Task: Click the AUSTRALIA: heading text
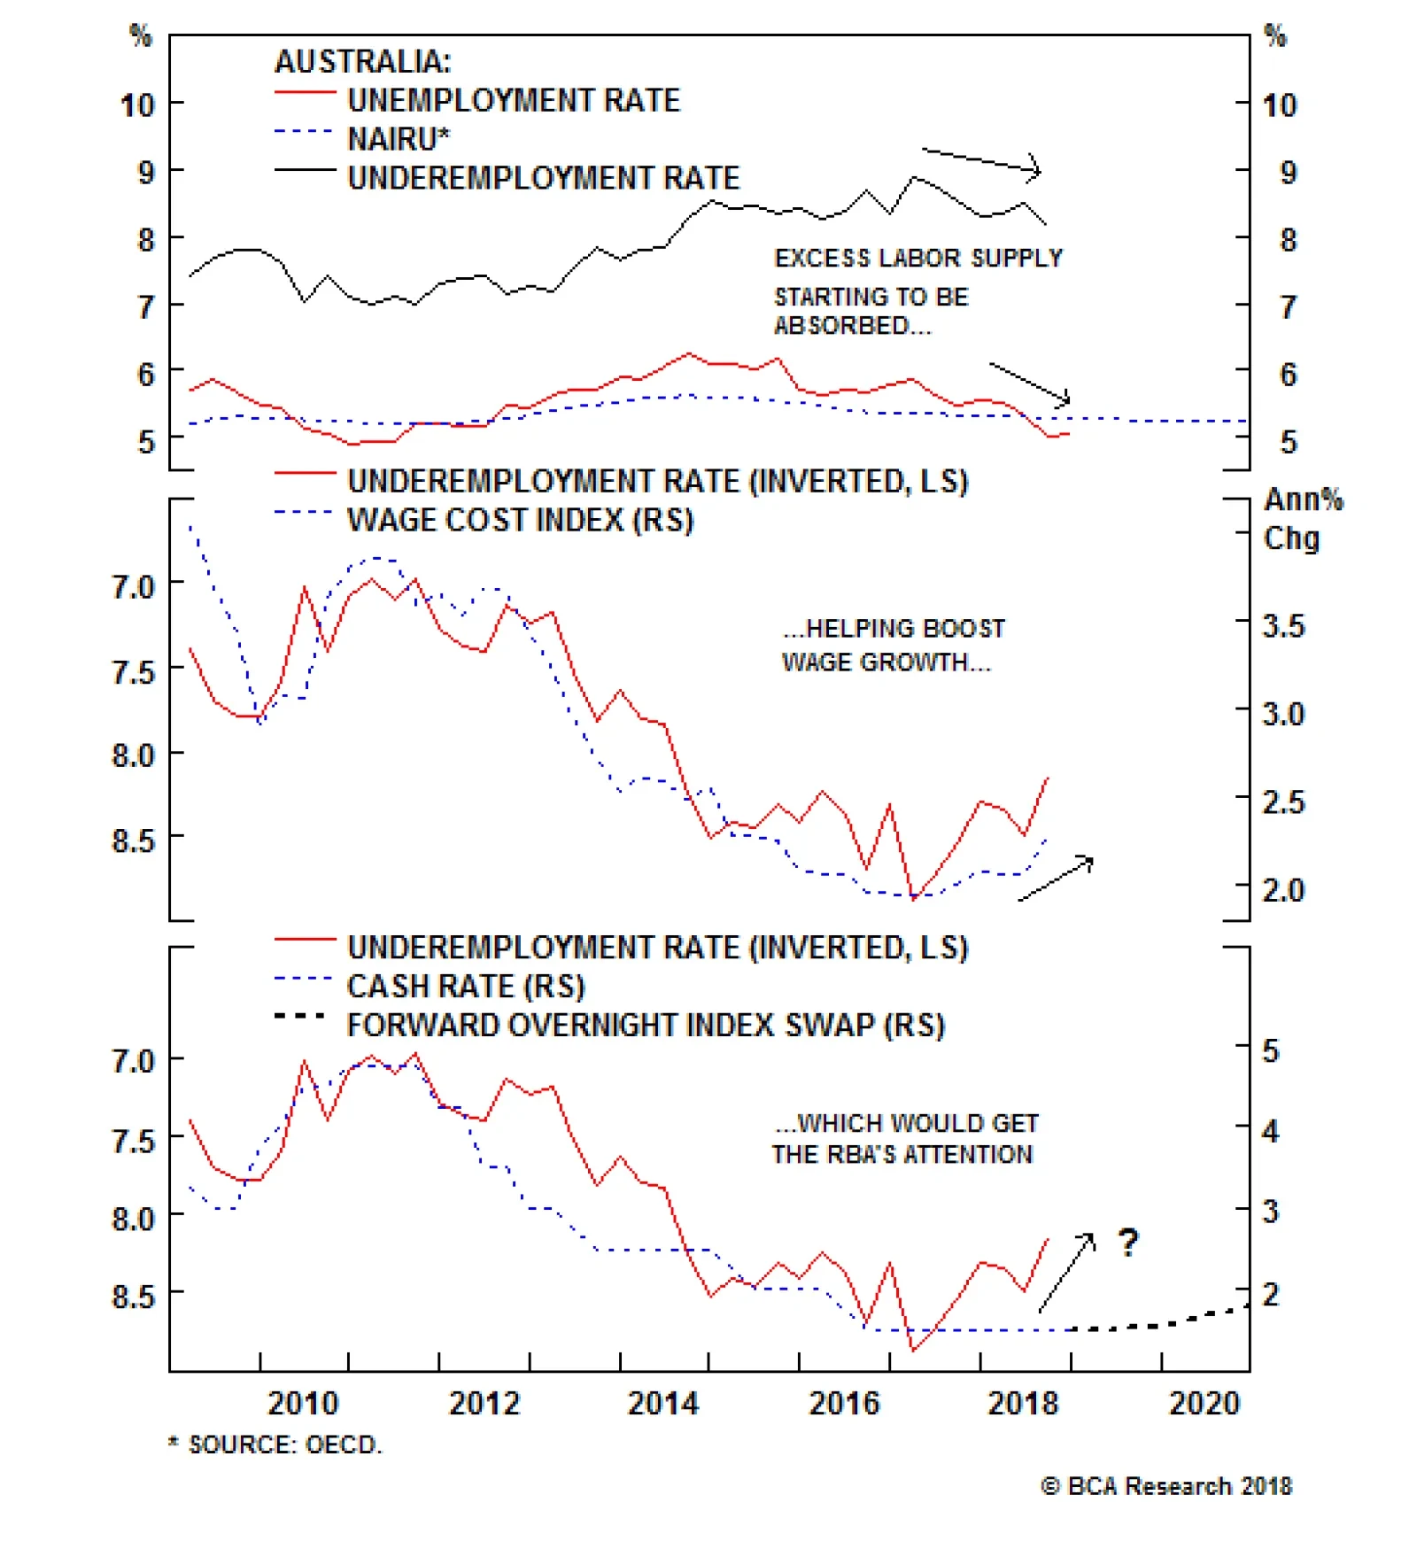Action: click(362, 61)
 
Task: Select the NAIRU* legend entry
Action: click(398, 139)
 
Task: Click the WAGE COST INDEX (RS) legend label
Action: click(520, 520)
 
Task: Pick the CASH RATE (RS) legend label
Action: click(466, 986)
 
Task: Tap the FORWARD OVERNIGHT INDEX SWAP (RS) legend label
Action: click(646, 1025)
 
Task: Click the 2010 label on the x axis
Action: click(303, 1403)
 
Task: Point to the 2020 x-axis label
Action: click(1204, 1403)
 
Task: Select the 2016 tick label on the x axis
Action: click(844, 1403)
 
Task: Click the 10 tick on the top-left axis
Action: click(137, 105)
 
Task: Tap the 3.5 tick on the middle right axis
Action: click(1283, 626)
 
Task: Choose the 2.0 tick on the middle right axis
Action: click(1283, 889)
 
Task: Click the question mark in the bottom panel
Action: click(1127, 1243)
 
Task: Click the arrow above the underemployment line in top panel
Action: click(981, 161)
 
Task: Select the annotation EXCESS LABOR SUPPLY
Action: click(918, 258)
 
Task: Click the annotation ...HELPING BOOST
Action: click(894, 629)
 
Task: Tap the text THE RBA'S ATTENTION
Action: click(902, 1155)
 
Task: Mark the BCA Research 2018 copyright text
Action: click(1166, 1486)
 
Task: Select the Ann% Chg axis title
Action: click(1301, 519)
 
